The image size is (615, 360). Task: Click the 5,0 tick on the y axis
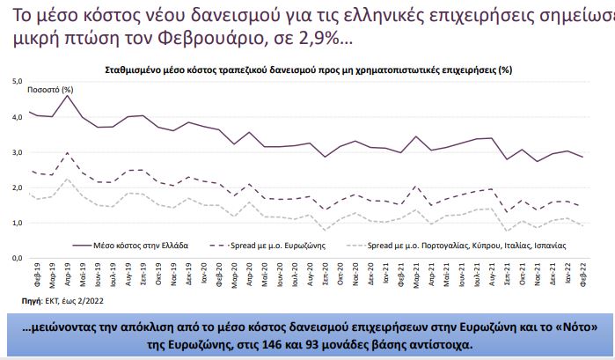coord(15,81)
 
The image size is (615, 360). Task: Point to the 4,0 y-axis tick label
coord(15,116)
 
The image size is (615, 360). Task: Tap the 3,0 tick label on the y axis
coord(15,151)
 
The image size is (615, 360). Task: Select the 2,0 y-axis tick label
coord(15,187)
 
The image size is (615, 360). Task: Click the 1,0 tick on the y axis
coord(15,223)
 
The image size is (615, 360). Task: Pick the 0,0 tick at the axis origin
coord(15,258)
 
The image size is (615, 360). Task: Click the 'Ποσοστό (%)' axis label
coord(50,89)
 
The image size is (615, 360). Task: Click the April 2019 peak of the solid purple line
coord(68,95)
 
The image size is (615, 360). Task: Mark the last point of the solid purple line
coord(582,157)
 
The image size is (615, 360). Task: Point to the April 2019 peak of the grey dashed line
coord(68,179)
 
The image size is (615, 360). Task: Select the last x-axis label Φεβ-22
coord(582,277)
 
